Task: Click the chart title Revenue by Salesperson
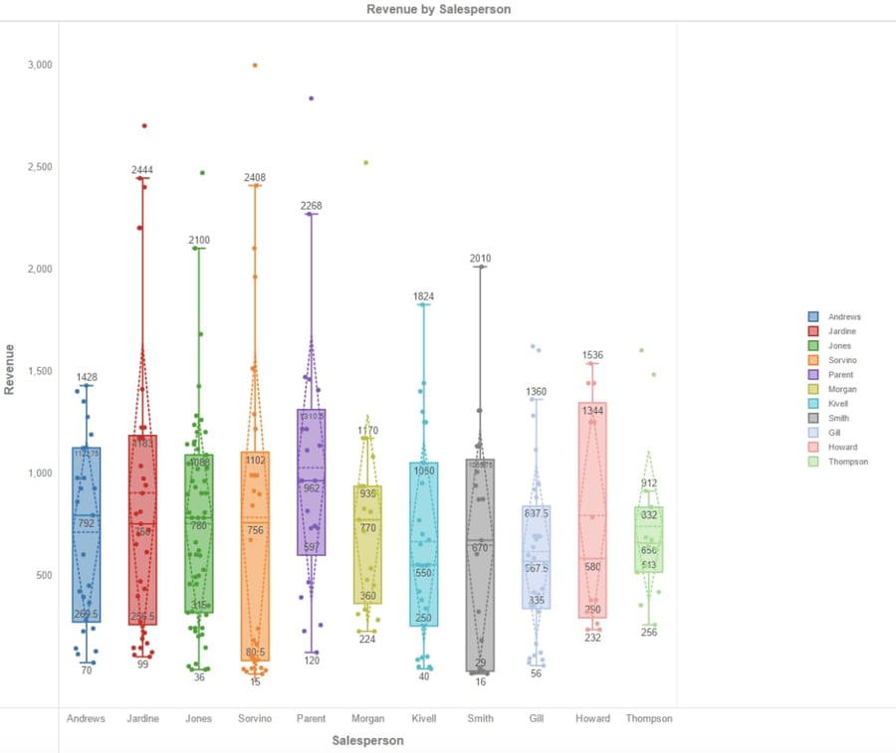438,9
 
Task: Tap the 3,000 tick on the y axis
39,65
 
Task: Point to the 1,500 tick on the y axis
39,371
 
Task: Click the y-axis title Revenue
10,370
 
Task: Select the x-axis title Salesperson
367,740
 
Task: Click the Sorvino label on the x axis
255,718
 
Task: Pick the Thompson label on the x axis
649,718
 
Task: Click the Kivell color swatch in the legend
813,404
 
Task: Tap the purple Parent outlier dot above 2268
312,98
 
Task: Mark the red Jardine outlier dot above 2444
144,125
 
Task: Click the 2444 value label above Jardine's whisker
142,170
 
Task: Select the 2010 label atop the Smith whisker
481,259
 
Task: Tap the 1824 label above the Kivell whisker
424,296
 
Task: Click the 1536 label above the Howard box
592,355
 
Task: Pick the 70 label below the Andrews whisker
87,670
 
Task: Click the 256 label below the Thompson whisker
649,633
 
